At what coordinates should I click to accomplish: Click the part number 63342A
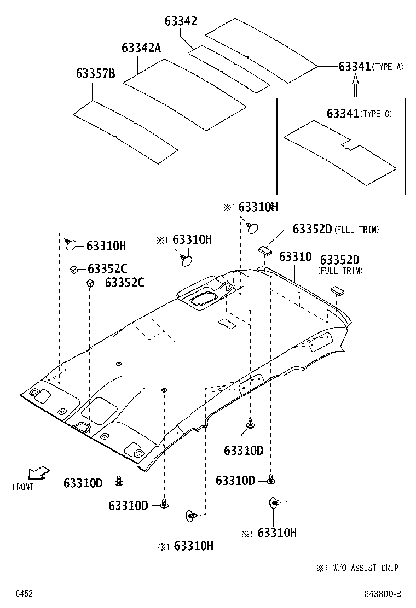point(141,48)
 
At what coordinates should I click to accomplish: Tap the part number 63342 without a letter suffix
point(181,21)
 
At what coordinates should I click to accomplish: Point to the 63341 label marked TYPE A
point(355,66)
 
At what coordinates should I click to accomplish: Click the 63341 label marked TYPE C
point(343,114)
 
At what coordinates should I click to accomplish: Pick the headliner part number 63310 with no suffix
point(295,256)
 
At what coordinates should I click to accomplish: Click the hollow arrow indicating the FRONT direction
point(38,471)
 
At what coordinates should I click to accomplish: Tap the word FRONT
point(22,487)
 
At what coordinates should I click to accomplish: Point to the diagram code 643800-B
point(382,594)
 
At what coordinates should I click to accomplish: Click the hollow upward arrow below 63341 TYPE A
point(355,85)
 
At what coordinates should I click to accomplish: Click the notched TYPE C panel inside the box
point(339,153)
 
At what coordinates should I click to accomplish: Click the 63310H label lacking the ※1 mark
point(106,245)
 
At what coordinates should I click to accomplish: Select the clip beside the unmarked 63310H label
point(72,245)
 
